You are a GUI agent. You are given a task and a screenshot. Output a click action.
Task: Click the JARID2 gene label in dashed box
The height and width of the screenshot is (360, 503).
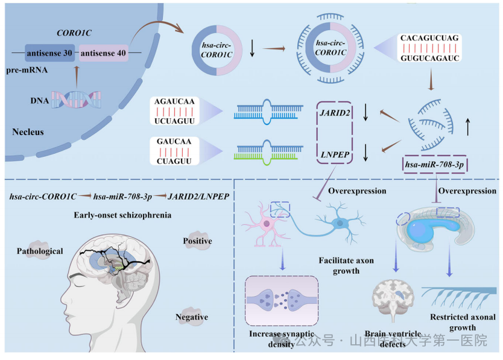click(x=334, y=112)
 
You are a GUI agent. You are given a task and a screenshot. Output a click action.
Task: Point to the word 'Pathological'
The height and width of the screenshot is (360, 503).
click(x=40, y=251)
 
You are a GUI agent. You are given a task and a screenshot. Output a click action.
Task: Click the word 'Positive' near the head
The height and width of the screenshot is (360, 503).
click(x=197, y=241)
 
